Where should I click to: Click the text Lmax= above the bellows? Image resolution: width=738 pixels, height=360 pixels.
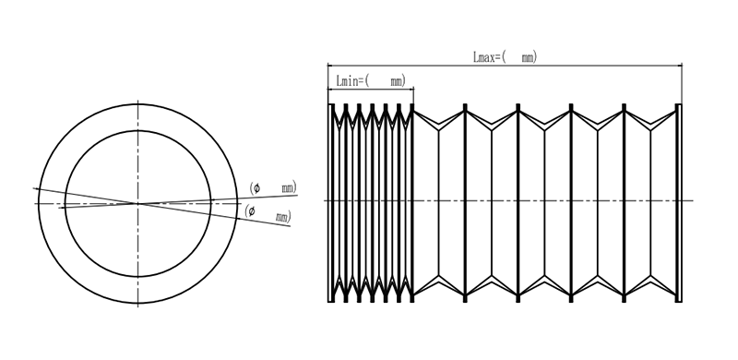pos(487,57)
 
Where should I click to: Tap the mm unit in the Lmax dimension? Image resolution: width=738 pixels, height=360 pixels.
pos(528,57)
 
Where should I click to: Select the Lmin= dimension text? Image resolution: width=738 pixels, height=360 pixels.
pos(351,80)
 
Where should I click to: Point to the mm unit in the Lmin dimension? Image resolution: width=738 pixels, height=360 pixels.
pos(397,81)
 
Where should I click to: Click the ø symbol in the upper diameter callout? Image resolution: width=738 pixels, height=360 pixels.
pos(256,188)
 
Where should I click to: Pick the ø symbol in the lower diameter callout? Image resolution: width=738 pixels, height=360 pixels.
pos(252,211)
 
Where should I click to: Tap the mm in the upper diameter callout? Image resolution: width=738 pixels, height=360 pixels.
pos(288,189)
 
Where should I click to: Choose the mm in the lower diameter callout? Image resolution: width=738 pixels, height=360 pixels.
pos(281,218)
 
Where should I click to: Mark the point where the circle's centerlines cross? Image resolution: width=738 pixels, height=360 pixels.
pos(137,204)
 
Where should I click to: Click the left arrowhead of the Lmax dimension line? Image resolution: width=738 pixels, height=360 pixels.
pos(330,66)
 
